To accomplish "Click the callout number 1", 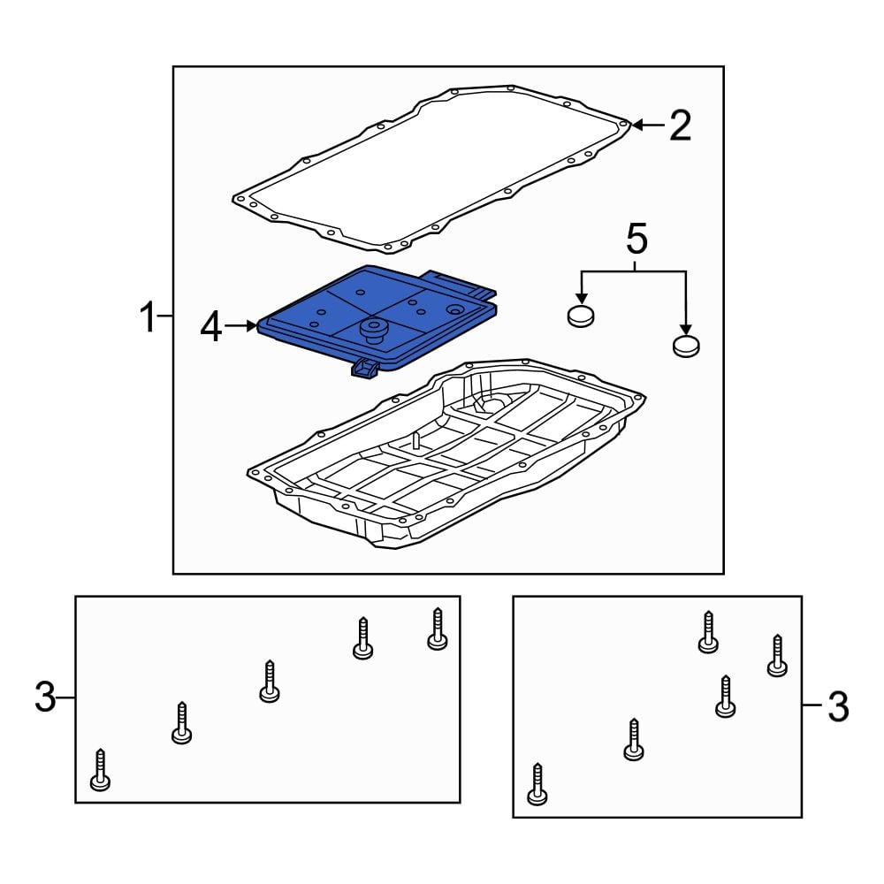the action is coord(148,316).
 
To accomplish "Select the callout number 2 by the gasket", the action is coord(680,126).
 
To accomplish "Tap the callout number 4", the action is coord(211,328).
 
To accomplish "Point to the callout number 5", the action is coord(637,239).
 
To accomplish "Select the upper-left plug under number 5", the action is coord(580,316).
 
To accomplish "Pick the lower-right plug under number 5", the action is coord(686,346).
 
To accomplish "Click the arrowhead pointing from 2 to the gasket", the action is coord(636,125).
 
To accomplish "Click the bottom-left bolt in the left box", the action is coord(101,770).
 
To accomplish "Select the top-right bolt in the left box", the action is coord(438,629).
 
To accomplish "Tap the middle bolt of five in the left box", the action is coord(270,681).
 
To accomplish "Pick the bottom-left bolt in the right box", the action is coord(537,784).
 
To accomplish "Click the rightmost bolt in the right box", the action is coord(777,656).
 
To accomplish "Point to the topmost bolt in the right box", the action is coord(708,633).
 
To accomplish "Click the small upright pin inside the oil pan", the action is coord(415,439).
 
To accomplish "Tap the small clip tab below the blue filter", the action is coord(365,369).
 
